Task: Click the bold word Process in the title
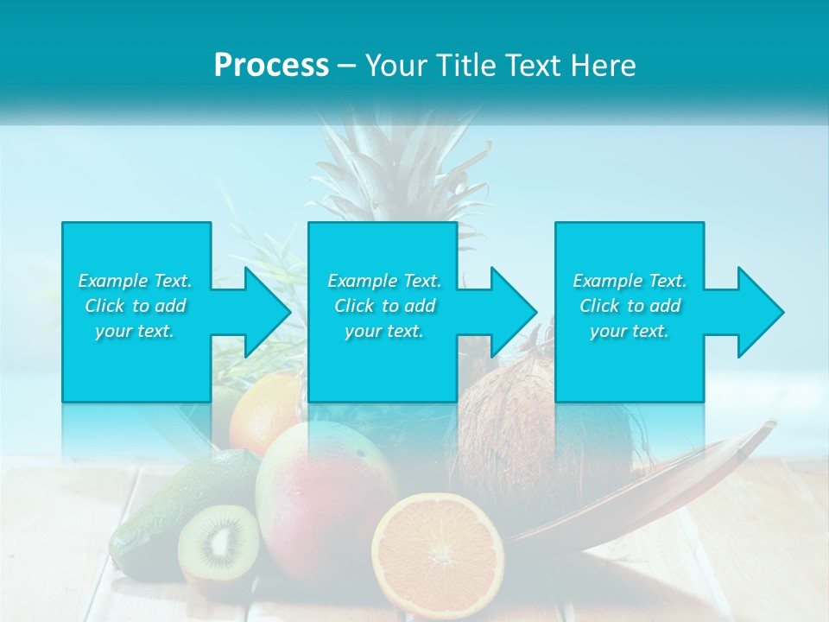pos(271,66)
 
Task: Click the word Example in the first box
pos(112,281)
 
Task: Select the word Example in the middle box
pos(362,281)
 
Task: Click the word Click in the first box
pos(104,306)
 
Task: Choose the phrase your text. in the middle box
pos(383,331)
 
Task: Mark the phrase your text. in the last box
pos(629,331)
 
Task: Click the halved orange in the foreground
pos(438,553)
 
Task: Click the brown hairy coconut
pos(509,415)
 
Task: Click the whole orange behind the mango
pos(264,410)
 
